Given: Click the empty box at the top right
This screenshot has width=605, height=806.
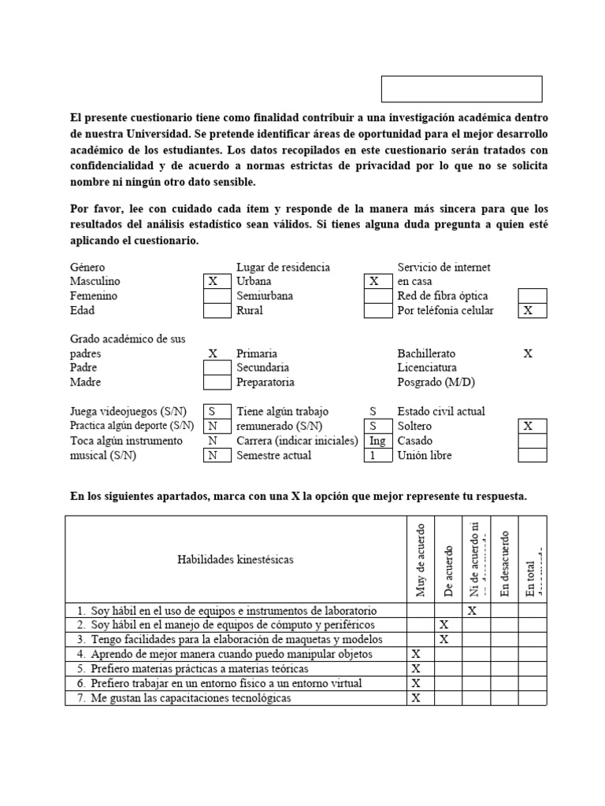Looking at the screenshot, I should tap(462, 89).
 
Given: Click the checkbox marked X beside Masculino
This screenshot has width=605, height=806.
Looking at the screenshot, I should tap(212, 281).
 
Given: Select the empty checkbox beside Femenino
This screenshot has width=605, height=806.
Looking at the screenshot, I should tap(212, 296).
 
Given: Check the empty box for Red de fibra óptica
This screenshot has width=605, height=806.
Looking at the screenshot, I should tap(532, 296).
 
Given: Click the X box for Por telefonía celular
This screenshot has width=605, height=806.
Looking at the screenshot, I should tap(532, 311).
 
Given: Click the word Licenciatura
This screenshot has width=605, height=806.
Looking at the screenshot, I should tap(427, 368).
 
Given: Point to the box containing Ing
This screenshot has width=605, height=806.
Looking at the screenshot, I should tap(377, 441).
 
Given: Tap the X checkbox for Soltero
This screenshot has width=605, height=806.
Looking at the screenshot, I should tap(532, 426).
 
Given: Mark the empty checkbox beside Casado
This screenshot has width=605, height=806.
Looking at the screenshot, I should tap(532, 441).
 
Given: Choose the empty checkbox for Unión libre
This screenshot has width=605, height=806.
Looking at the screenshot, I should tap(532, 456).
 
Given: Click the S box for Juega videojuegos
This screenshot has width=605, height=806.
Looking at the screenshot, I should tap(212, 412).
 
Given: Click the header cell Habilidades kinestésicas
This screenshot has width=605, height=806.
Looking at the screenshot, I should tap(236, 560).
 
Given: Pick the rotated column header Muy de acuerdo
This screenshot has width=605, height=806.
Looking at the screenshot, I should tap(420, 559).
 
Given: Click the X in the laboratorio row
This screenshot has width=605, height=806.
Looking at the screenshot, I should tap(473, 611).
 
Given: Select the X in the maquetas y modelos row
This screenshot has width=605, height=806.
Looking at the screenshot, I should tap(444, 640).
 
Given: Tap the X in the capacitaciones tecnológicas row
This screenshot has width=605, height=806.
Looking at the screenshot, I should tap(416, 698).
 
